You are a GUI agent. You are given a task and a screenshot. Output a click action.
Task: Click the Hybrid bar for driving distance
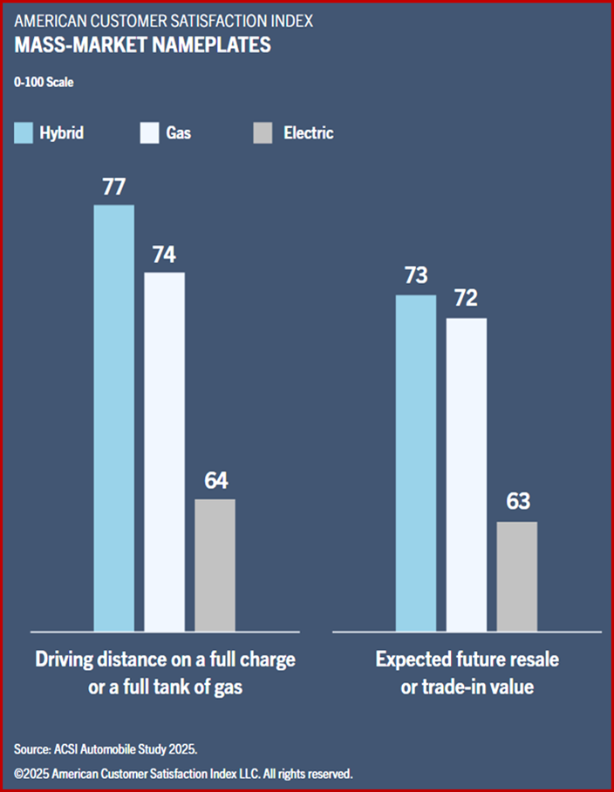pos(113,418)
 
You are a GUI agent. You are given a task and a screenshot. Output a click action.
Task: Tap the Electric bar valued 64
pos(215,565)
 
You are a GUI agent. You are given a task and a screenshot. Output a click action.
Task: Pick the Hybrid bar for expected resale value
pos(415,463)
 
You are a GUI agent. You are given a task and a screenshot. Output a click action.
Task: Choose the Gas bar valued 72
pos(467,474)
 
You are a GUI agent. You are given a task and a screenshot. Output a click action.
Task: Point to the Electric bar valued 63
pos(516,576)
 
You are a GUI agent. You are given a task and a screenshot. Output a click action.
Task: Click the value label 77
pos(114,187)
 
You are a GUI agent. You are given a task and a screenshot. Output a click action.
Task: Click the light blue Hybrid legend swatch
pos(24,133)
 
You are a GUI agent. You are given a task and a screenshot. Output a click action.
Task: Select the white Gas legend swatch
pos(148,133)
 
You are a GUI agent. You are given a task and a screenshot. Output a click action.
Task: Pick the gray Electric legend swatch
pos(262,133)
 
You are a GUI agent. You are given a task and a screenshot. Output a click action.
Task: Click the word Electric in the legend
pos(308,133)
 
